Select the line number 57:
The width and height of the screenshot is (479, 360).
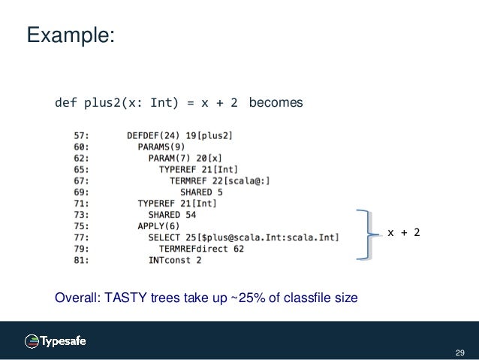(x=83, y=136)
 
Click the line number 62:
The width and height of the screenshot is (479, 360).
(x=83, y=160)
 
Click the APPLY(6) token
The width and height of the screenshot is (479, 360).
(x=158, y=226)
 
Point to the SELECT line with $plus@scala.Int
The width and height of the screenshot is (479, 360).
(x=243, y=237)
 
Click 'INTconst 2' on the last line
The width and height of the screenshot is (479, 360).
(x=175, y=261)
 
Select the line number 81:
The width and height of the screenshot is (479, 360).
(x=83, y=261)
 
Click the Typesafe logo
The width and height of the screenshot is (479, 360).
(x=56, y=340)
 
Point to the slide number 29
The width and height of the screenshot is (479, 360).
(x=459, y=351)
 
